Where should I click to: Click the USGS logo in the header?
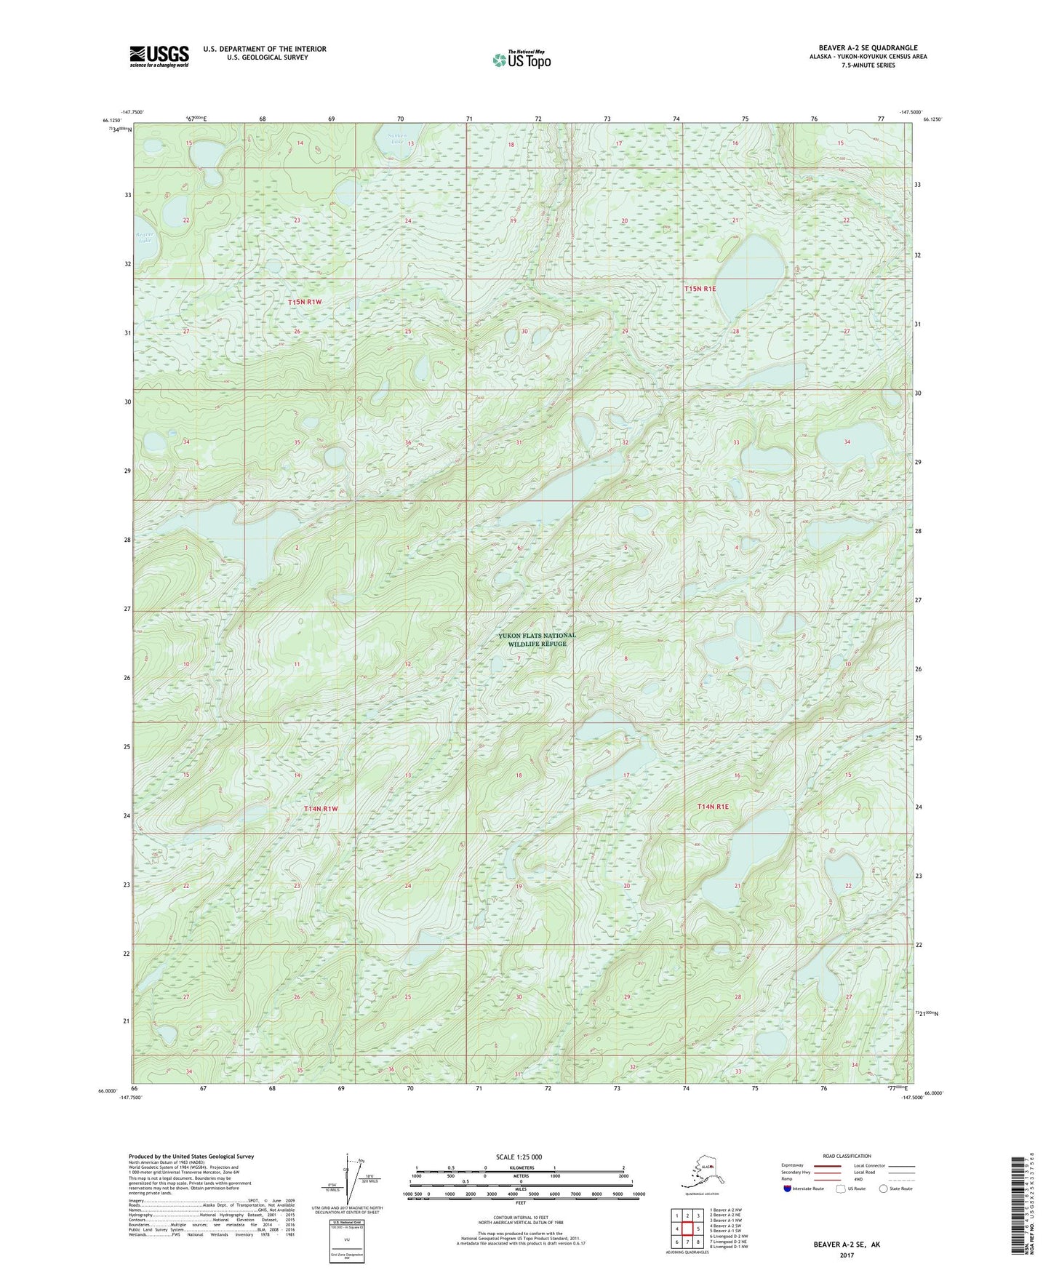[159, 55]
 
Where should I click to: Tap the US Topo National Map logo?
[521, 60]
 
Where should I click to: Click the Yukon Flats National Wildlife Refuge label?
[537, 639]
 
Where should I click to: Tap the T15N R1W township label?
[304, 301]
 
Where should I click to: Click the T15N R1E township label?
[700, 289]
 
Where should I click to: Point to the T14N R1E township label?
[712, 807]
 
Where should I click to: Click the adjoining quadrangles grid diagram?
[687, 1229]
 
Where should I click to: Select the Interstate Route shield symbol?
[788, 1189]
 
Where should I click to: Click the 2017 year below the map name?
[846, 1255]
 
